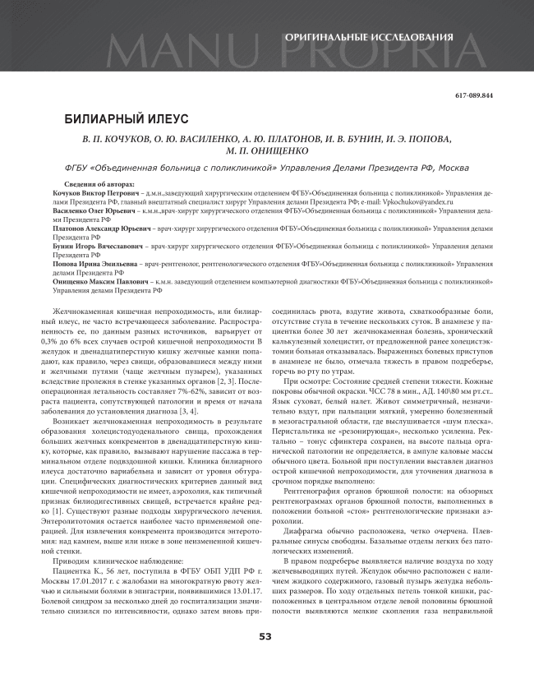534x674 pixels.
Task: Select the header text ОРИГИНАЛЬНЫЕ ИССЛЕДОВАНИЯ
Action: point(368,38)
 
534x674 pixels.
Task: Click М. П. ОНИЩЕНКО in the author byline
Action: point(265,150)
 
